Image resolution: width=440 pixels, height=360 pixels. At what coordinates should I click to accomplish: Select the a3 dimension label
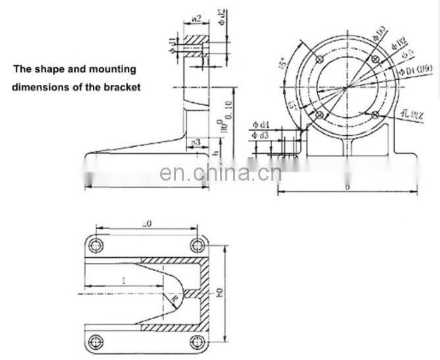coord(196,142)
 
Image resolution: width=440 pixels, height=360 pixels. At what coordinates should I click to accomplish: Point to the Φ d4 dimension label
coord(262,125)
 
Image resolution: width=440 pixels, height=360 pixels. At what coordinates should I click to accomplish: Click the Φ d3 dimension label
coord(262,136)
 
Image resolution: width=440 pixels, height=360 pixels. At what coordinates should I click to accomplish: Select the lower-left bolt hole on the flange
coord(319,115)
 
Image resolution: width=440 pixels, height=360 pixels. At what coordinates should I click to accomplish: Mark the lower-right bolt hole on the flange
coord(375,115)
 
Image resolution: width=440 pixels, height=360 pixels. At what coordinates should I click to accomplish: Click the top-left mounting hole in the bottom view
coord(97,246)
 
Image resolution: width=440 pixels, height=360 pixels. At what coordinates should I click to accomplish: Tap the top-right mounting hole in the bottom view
coord(196,246)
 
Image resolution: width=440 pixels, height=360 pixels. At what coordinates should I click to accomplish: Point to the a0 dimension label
coord(148,225)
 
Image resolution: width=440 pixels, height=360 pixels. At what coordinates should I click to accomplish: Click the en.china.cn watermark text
coord(220,173)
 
